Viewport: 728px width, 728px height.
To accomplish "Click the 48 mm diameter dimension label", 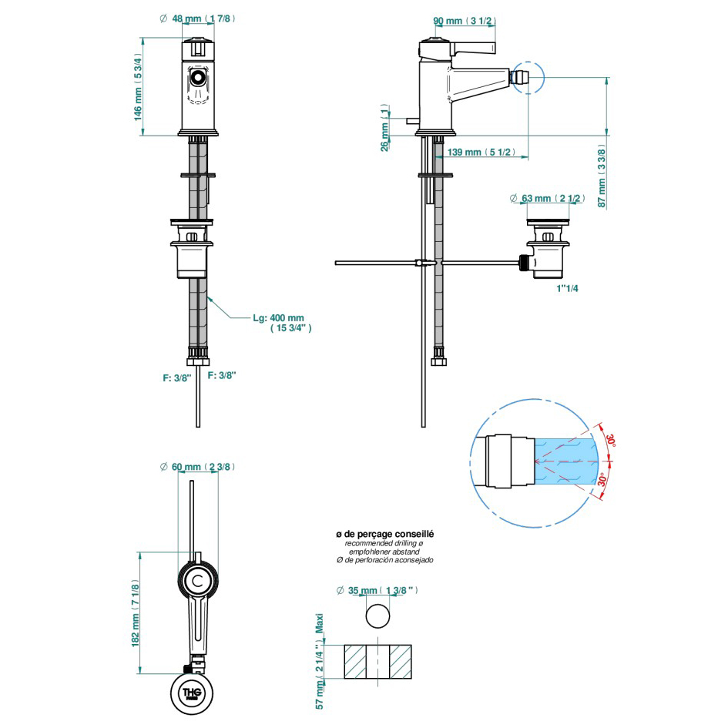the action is pos(197,18).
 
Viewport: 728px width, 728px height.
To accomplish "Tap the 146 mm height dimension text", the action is pos(137,88).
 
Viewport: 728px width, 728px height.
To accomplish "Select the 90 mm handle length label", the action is pos(465,21).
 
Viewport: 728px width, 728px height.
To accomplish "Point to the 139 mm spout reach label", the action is pos(481,153).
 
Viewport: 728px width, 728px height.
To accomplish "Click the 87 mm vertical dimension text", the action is pos(602,176).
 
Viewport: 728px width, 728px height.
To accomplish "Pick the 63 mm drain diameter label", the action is pos(547,198).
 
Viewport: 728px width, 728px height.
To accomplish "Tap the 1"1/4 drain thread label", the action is pos(567,288).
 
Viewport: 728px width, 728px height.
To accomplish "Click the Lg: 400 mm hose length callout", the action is pos(282,323).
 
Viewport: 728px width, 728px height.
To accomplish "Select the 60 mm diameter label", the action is pos(197,467).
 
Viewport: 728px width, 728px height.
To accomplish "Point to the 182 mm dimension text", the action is pos(135,613).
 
